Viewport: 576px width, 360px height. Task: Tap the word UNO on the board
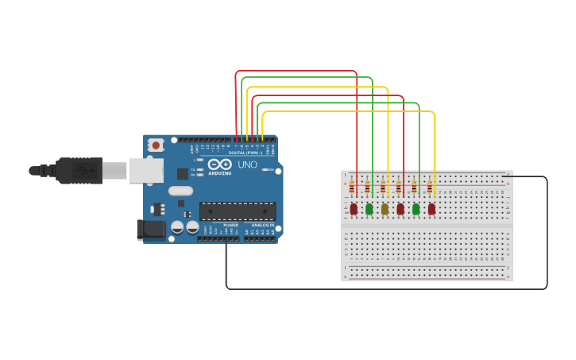(x=247, y=165)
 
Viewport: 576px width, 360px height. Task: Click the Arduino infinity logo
(x=220, y=164)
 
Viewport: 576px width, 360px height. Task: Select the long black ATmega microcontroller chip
(x=238, y=211)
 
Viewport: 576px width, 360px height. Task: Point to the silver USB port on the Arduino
(x=146, y=170)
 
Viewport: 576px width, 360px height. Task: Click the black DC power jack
(x=150, y=230)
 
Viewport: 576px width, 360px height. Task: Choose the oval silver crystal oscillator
(x=180, y=191)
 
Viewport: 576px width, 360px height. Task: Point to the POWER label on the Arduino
(x=230, y=225)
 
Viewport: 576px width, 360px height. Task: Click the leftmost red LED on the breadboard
(x=354, y=209)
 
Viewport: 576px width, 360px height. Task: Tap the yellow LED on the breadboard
(x=385, y=209)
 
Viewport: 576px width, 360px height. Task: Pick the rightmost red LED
(x=431, y=209)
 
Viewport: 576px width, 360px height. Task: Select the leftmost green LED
(x=369, y=209)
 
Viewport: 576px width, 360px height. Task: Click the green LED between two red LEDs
(x=416, y=209)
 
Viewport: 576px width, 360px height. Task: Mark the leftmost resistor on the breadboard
(x=352, y=188)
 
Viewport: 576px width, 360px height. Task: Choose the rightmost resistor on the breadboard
(x=430, y=188)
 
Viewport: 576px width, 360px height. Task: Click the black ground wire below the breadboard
(x=381, y=288)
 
